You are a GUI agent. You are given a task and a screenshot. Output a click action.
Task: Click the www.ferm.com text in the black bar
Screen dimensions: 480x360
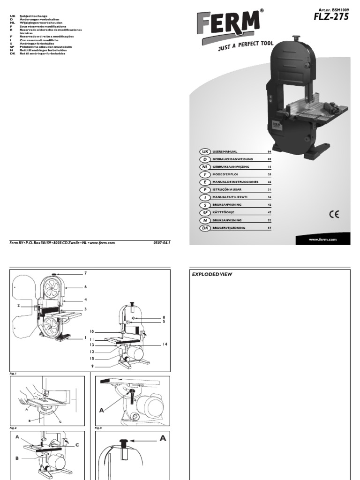click(x=323, y=240)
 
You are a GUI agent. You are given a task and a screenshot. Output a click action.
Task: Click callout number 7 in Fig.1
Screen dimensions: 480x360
click(x=86, y=273)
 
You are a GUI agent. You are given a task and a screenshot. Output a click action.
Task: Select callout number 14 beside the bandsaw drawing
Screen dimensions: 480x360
click(x=165, y=345)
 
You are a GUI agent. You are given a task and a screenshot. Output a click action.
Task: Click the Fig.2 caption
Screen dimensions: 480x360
click(x=13, y=428)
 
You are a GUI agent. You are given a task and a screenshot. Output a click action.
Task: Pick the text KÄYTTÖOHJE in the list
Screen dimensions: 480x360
click(x=223, y=212)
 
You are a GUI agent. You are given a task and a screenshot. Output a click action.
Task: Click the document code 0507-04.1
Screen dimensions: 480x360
click(x=161, y=243)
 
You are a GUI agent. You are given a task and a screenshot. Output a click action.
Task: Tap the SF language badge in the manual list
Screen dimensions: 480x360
click(x=204, y=212)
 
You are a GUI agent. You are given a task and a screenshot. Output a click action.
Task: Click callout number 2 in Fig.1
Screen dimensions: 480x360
click(x=19, y=305)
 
